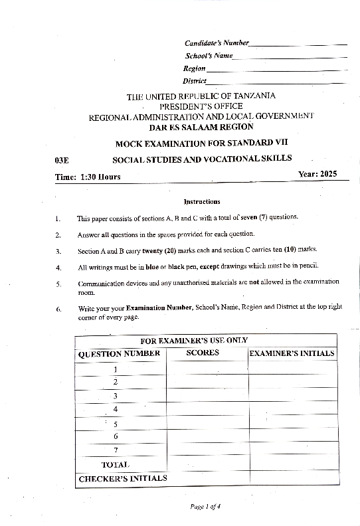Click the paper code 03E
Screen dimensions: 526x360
pos(62,160)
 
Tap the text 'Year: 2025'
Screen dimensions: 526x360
pos(318,174)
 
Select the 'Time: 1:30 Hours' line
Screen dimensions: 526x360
pos(88,177)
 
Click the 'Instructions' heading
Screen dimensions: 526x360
pos(201,201)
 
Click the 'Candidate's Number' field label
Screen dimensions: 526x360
pos(217,43)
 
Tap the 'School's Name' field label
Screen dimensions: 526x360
pos(209,56)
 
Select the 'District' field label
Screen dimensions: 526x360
pos(195,81)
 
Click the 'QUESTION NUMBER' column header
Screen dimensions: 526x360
pos(120,353)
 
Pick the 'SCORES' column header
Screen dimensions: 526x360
pos(203,353)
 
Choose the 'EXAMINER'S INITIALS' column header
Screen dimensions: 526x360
pos(292,353)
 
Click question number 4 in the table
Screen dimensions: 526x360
pos(116,409)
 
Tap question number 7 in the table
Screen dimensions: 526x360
pos(116,450)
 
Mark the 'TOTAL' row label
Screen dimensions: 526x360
pos(115,464)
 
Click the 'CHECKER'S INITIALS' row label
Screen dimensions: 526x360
pos(123,478)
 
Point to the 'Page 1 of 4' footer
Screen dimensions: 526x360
pos(205,506)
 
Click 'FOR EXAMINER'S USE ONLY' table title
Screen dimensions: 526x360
pos(204,340)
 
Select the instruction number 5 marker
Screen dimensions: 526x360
pos(58,284)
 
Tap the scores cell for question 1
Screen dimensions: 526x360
pos(206,369)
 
